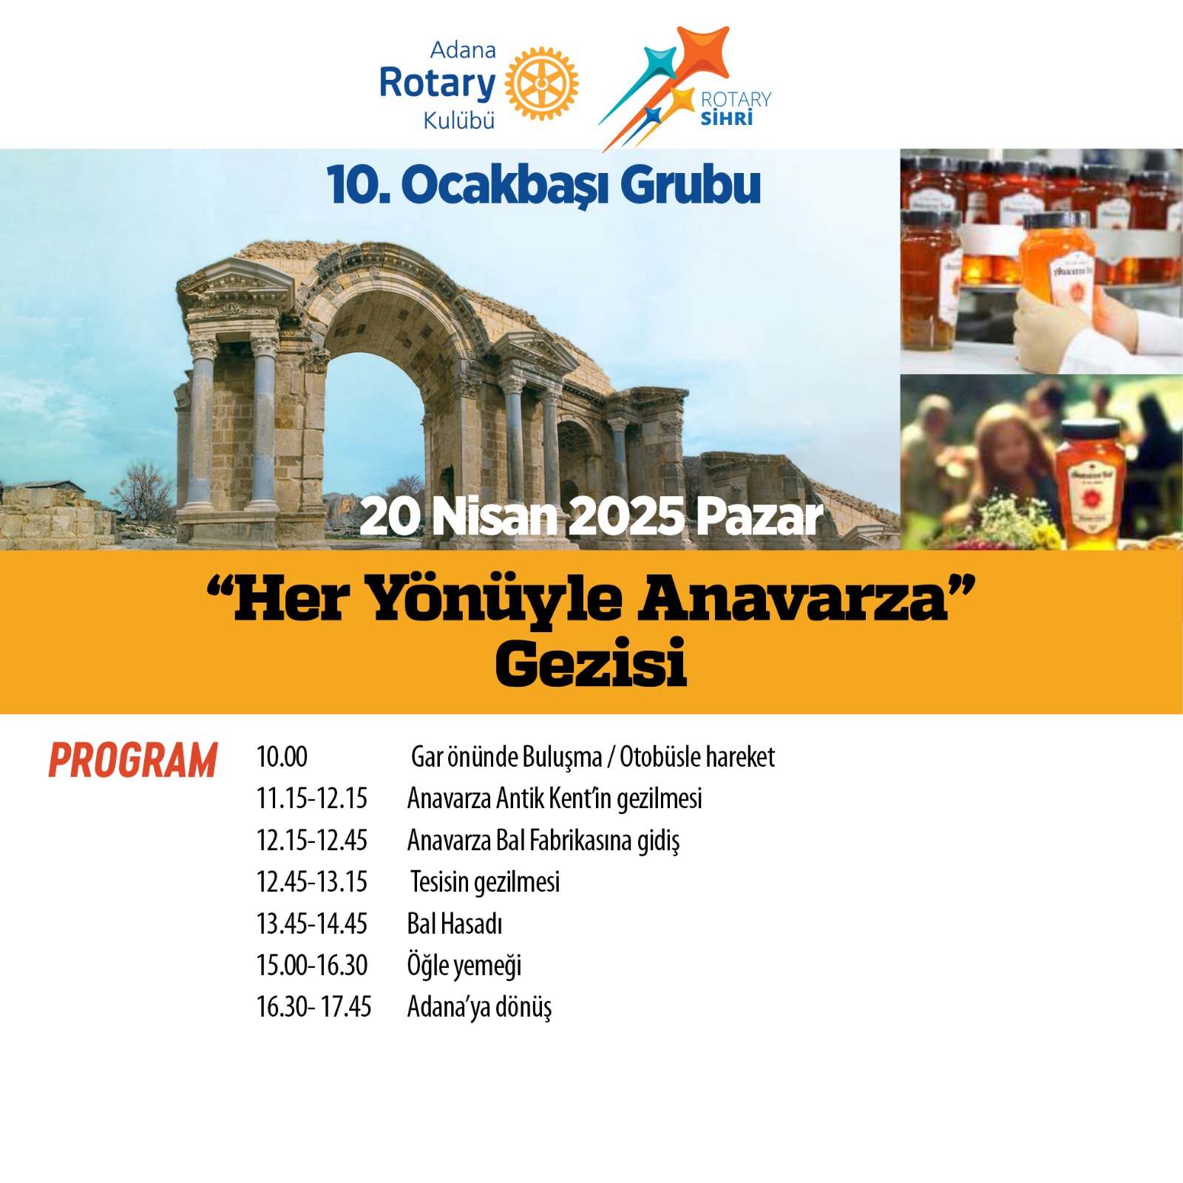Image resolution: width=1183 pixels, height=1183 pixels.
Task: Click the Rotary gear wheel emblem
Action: coord(541,83)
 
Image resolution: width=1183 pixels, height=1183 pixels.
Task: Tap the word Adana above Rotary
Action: coord(463,50)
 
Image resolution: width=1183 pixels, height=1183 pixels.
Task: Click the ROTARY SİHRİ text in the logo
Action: coord(736,109)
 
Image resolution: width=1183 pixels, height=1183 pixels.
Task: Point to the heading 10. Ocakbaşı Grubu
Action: coord(543,185)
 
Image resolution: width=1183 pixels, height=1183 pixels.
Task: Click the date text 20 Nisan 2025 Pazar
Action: coord(591,515)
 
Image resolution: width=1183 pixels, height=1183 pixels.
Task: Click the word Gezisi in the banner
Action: coord(591,662)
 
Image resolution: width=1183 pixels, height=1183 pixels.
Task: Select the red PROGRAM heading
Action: coord(133,760)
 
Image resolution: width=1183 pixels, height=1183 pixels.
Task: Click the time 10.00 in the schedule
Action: coord(282,757)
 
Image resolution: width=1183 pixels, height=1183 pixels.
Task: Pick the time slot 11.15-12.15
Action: coord(312,799)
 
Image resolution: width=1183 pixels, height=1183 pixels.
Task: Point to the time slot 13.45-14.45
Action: coord(312,923)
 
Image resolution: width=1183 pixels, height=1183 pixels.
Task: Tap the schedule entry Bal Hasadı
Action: coord(455,923)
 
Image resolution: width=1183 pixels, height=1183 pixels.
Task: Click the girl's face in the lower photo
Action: coord(1011,451)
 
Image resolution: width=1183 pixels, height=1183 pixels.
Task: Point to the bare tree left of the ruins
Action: coord(143,490)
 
